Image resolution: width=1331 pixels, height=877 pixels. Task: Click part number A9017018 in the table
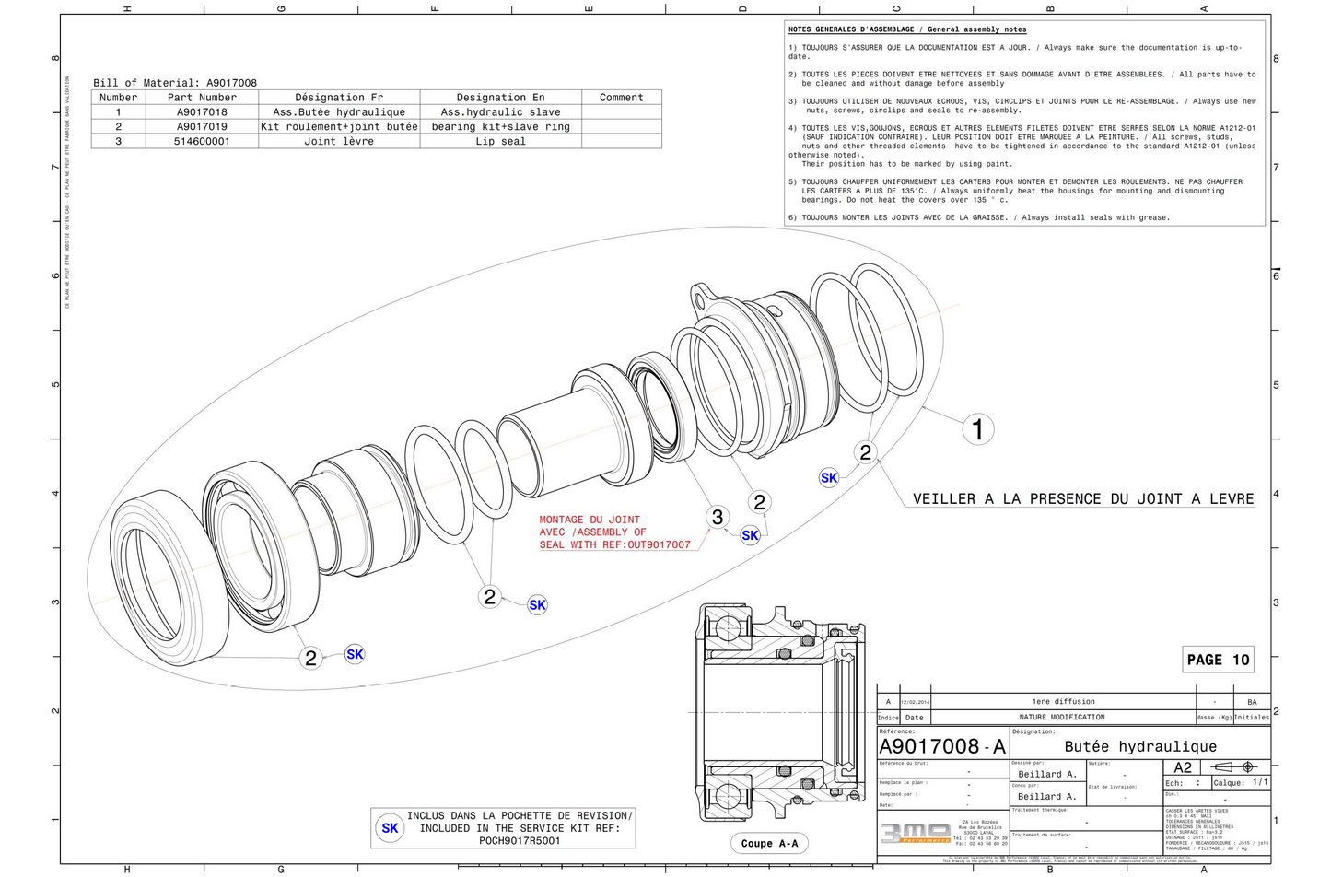[202, 112]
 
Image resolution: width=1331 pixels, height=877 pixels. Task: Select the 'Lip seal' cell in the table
[500, 142]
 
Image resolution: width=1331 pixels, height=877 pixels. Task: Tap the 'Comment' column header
[621, 98]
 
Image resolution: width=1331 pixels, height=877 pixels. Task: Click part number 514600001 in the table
[202, 142]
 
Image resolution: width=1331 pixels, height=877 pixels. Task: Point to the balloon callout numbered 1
[977, 429]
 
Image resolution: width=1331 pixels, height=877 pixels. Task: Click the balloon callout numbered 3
[718, 518]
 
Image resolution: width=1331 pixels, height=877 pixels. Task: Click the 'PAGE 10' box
[1218, 660]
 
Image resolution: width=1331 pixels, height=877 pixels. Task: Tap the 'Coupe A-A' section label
[769, 843]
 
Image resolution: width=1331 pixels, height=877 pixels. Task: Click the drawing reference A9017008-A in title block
[941, 746]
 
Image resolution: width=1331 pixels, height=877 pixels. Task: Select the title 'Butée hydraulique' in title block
[1140, 746]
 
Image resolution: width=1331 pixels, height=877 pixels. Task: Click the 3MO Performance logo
[916, 832]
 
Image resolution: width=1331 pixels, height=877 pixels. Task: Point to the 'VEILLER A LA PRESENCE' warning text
[1082, 499]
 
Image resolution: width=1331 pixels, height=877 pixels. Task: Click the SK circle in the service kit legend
[390, 828]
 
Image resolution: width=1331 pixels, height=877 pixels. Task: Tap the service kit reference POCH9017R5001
[520, 841]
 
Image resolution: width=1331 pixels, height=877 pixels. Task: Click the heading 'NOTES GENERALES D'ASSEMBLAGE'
[906, 29]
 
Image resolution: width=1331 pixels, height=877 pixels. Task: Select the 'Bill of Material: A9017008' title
[175, 83]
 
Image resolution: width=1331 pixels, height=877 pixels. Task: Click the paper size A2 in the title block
[1183, 767]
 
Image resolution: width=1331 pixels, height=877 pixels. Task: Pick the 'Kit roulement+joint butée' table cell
[339, 127]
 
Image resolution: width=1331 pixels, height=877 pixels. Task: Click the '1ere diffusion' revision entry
[1063, 702]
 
